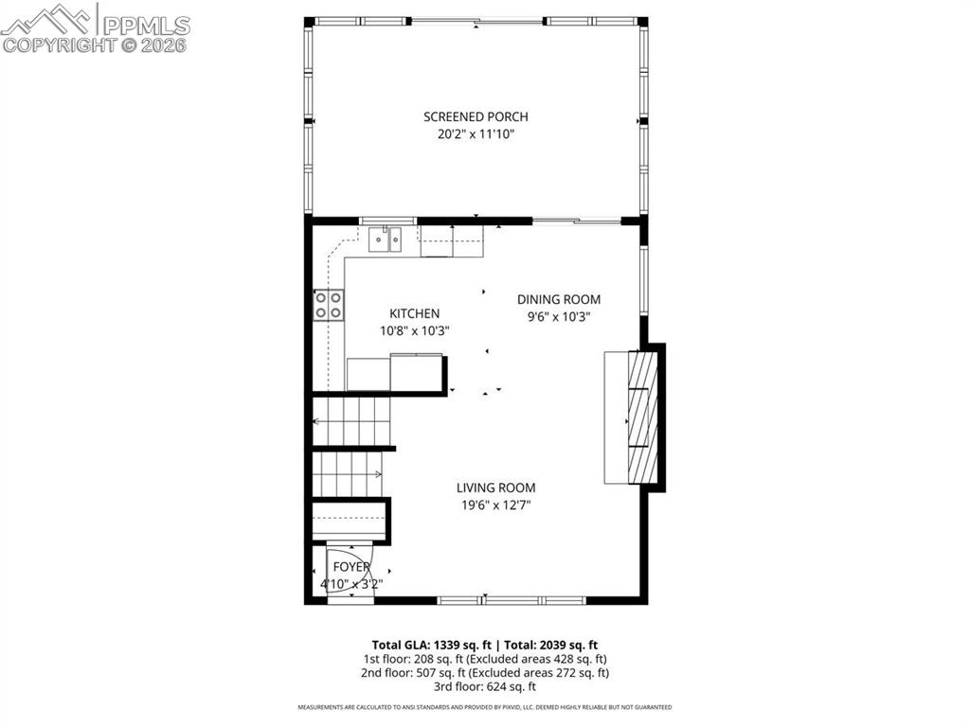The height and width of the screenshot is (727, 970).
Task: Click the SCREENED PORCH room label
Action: click(476, 116)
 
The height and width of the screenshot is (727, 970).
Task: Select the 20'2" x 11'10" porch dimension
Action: click(476, 134)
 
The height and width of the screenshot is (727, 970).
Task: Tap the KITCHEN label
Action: click(414, 313)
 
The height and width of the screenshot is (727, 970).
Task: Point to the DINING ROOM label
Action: click(558, 299)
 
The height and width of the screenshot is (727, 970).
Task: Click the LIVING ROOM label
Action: click(495, 488)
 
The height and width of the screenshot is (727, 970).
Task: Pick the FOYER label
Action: click(351, 566)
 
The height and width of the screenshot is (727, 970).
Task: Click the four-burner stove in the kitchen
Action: click(329, 305)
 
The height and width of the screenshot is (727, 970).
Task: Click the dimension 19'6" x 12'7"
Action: click(495, 505)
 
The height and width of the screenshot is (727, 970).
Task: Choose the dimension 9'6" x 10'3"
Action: click(558, 317)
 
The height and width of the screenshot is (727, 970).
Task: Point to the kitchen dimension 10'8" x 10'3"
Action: click(414, 331)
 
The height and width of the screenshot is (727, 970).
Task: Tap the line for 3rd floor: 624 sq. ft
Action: click(484, 686)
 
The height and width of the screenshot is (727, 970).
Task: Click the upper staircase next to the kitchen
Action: click(352, 420)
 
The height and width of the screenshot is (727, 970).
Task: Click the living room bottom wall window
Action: click(512, 600)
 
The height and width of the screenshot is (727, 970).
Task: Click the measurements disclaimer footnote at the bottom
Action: click(485, 707)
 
